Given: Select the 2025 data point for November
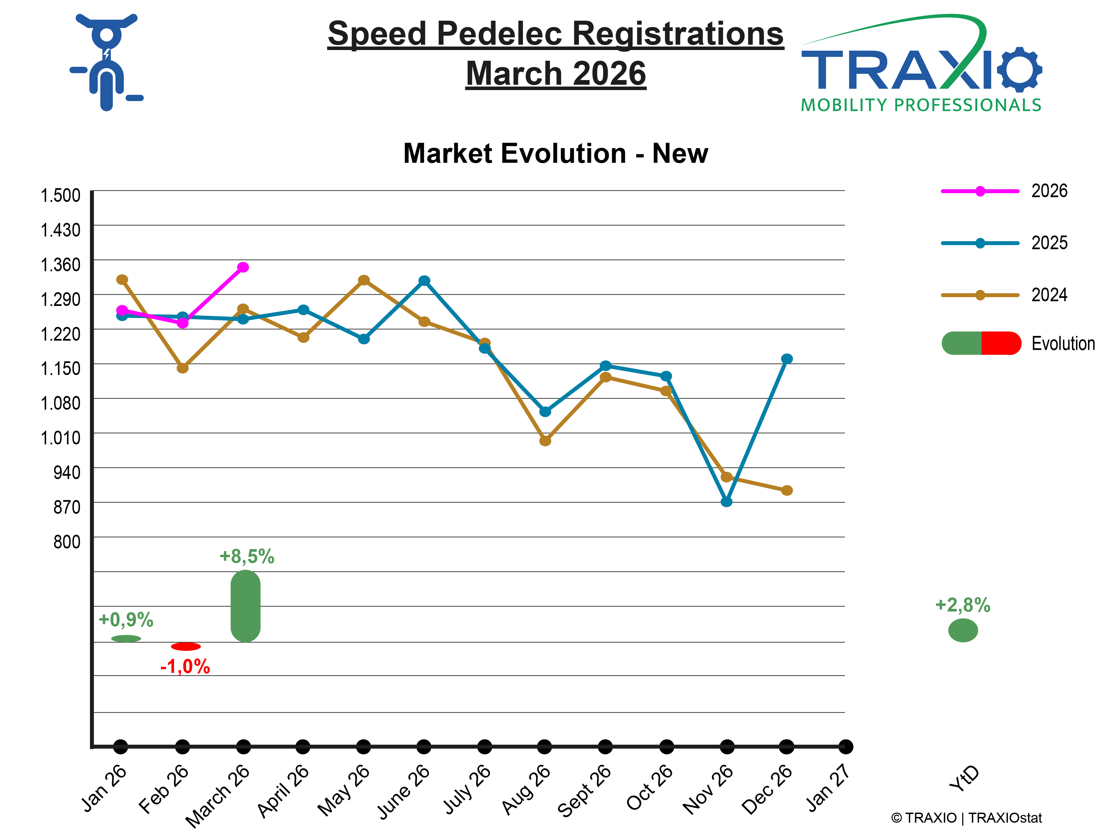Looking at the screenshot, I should pyautogui.click(x=726, y=502).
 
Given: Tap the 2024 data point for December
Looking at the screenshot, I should pyautogui.click(x=787, y=490).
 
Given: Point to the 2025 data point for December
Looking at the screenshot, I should pyautogui.click(x=787, y=358).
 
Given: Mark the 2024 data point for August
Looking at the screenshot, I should pyautogui.click(x=545, y=440).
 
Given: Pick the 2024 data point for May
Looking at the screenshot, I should pyautogui.click(x=364, y=280).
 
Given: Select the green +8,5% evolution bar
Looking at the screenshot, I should pyautogui.click(x=245, y=606).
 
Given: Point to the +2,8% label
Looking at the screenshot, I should pyautogui.click(x=962, y=605).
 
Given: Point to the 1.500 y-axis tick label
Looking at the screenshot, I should pyautogui.click(x=60, y=195).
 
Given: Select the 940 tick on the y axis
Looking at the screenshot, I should pyautogui.click(x=67, y=473).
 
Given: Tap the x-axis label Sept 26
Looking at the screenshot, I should pyautogui.click(x=585, y=790).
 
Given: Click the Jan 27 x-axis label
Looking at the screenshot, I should pyautogui.click(x=828, y=788).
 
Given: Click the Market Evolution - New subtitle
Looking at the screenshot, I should pyautogui.click(x=555, y=153).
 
